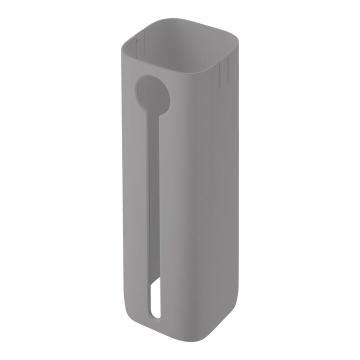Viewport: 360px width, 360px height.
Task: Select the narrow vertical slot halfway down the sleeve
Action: (x=152, y=200)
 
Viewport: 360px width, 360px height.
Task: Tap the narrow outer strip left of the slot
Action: (x=137, y=200)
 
